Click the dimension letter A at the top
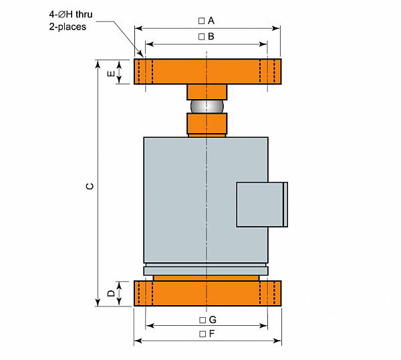(x=211, y=21)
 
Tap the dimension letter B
(x=211, y=36)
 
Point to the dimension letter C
(x=90, y=186)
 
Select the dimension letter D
(x=111, y=293)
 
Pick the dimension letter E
(x=111, y=74)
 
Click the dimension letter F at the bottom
(x=211, y=334)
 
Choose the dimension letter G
(x=213, y=320)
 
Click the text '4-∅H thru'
(x=71, y=14)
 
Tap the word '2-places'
(x=68, y=27)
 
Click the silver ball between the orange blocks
(x=207, y=106)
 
